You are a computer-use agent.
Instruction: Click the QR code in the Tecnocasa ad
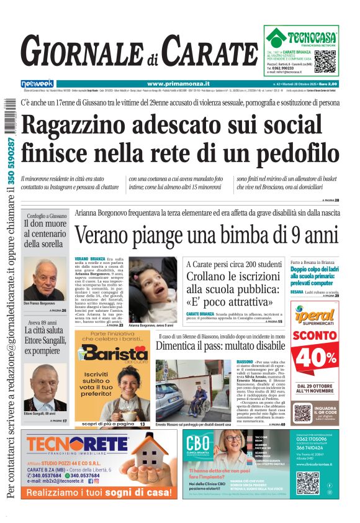(x=325, y=61)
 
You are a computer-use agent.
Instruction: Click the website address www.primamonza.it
(x=178, y=84)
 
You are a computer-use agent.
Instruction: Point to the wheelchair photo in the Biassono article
(x=193, y=389)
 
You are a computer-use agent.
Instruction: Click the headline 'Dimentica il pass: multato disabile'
(x=220, y=346)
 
